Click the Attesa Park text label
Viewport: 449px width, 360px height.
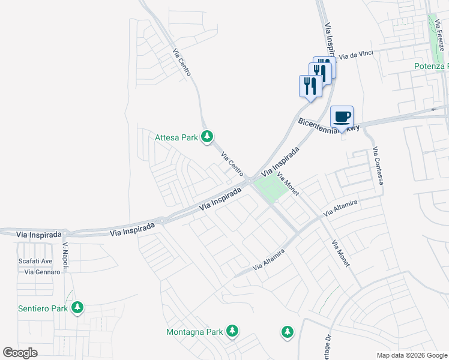[176, 137]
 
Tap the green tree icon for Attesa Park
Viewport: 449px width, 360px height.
[207, 137]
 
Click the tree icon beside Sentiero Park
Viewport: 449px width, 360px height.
[77, 308]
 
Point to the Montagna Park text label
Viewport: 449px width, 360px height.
[194, 331]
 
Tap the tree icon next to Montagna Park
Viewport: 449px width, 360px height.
[232, 331]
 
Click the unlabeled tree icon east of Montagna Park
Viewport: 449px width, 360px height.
[288, 331]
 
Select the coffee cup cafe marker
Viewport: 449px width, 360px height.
[342, 117]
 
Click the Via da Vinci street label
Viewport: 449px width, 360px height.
[356, 55]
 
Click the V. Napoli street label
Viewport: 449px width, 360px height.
[66, 256]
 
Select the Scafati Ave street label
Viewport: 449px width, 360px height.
[35, 261]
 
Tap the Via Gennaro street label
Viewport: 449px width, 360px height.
[43, 272]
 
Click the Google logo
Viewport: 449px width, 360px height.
[20, 353]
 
